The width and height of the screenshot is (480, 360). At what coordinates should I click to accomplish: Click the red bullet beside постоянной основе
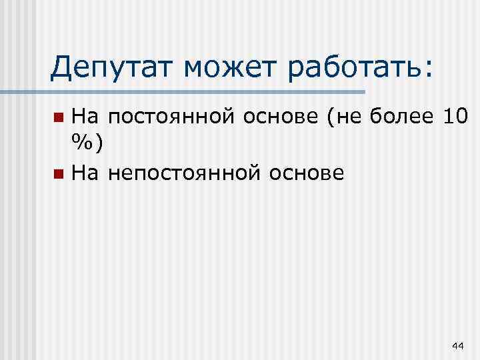[59, 119]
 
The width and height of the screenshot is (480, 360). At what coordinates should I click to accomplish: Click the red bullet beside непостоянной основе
[59, 175]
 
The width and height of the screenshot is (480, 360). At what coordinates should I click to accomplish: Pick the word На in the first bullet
[85, 118]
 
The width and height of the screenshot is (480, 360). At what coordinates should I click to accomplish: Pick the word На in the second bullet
[85, 174]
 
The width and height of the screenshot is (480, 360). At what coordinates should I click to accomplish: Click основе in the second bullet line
[311, 175]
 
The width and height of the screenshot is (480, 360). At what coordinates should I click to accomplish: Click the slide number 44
[457, 345]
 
